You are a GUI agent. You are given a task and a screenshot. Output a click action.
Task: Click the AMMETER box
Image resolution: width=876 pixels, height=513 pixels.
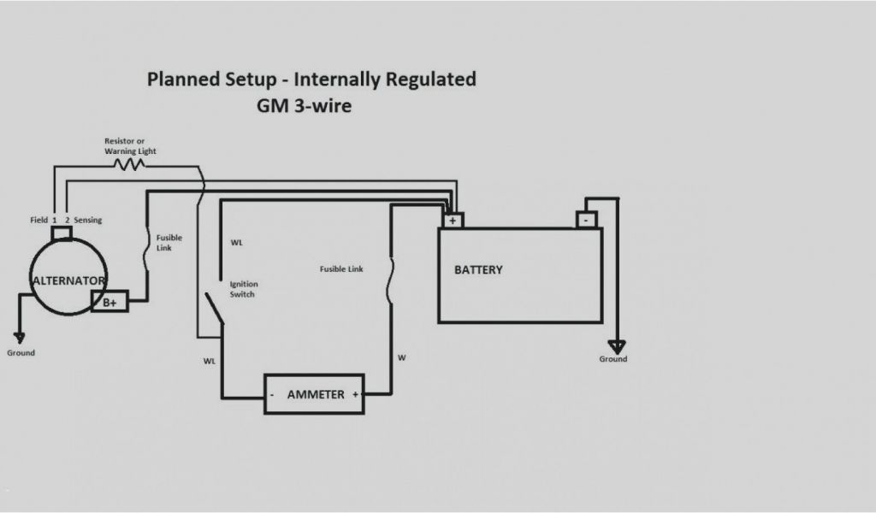pyautogui.click(x=314, y=395)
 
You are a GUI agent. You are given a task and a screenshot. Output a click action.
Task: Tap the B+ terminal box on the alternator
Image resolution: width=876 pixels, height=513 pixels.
pyautogui.click(x=110, y=301)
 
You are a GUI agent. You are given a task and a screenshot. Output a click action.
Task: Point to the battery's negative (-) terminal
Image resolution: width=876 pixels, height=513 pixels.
pyautogui.click(x=586, y=220)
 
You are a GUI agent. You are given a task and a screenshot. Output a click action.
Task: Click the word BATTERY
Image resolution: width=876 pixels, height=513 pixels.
pyautogui.click(x=478, y=270)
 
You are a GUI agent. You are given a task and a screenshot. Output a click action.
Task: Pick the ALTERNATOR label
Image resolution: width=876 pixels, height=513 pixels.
pyautogui.click(x=68, y=280)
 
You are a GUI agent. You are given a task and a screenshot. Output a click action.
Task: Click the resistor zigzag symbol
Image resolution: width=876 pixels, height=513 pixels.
pyautogui.click(x=132, y=162)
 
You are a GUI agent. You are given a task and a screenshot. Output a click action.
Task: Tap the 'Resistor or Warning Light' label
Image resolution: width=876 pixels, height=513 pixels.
pyautogui.click(x=130, y=145)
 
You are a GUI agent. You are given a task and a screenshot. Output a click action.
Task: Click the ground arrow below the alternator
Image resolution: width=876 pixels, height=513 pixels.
pyautogui.click(x=20, y=339)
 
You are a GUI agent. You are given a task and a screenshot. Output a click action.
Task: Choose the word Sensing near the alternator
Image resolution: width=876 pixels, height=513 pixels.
pyautogui.click(x=88, y=221)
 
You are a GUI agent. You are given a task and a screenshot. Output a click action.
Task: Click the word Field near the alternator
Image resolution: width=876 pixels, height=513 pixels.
pyautogui.click(x=38, y=221)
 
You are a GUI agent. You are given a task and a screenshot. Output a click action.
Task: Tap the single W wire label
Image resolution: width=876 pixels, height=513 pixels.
pyautogui.click(x=401, y=357)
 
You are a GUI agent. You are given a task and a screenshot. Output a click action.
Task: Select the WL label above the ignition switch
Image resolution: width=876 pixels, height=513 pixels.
pyautogui.click(x=237, y=243)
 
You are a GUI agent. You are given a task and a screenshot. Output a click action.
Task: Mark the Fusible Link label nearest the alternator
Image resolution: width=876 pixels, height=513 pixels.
pyautogui.click(x=169, y=243)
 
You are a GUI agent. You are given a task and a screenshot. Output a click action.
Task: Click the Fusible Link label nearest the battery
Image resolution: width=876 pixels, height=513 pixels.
pyautogui.click(x=341, y=269)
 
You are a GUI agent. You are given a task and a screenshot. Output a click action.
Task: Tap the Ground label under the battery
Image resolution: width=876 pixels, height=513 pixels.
pyautogui.click(x=613, y=359)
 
